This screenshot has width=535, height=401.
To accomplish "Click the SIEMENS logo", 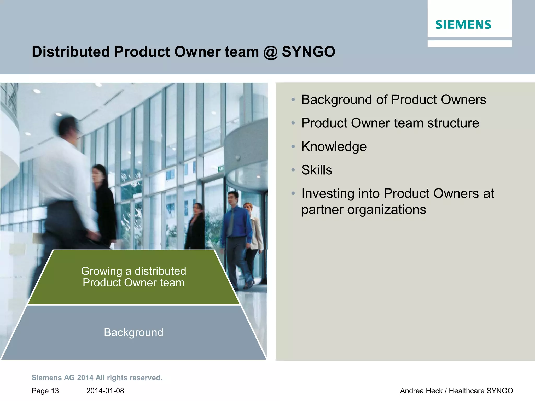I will tap(463, 25).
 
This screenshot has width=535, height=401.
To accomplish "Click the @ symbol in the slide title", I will tap(270, 52).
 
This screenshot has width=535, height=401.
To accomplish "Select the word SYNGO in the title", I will tap(309, 52).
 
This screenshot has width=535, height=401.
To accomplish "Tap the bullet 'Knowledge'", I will tap(334, 146).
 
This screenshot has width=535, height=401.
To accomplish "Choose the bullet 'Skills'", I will tap(317, 170).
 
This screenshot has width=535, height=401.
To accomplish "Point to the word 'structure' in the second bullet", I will tap(453, 123).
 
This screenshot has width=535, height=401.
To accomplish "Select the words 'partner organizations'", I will tap(364, 209).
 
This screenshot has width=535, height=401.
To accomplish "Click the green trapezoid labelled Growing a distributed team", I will tap(133, 277).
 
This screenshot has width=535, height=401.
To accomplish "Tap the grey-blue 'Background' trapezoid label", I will tap(133, 332).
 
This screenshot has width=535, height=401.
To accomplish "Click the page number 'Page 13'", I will tap(45, 391).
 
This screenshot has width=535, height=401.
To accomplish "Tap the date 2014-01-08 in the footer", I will tap(105, 391).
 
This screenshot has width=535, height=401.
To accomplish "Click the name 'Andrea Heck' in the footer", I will tap(421, 391).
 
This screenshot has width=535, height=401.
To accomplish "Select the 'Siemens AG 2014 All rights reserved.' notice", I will tap(97, 378).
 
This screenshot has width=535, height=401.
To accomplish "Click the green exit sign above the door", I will tap(221, 169).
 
